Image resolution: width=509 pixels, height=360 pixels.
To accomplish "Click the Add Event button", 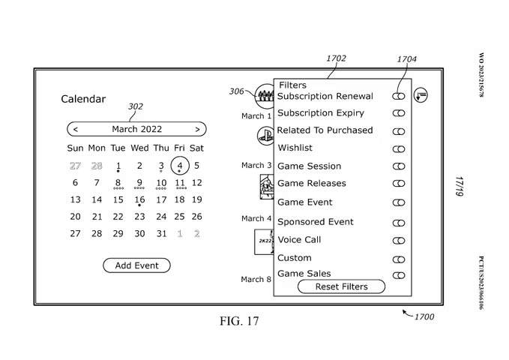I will [x=136, y=265].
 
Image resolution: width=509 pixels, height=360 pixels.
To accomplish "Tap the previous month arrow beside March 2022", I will [x=75, y=129].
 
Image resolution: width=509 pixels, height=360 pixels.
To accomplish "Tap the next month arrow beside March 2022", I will [x=197, y=129].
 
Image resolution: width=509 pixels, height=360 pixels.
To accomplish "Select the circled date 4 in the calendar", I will [x=179, y=165].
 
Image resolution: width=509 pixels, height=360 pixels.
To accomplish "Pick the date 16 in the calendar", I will [x=139, y=199].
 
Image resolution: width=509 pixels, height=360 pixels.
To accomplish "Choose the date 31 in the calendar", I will [x=161, y=233].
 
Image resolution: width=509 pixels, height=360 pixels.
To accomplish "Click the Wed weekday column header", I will [x=139, y=148].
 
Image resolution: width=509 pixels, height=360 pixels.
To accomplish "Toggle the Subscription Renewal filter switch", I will [x=398, y=96].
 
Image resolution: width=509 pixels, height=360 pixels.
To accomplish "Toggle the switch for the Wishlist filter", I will [x=398, y=148].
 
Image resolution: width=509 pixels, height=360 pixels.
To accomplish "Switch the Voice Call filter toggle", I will [x=398, y=241].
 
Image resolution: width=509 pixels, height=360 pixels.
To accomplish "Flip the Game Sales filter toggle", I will [x=398, y=275].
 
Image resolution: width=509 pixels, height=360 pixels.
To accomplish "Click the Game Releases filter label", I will [x=312, y=183].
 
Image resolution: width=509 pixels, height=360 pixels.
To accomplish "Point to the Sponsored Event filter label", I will [x=316, y=222].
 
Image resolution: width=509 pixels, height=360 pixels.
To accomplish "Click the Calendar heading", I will [x=83, y=99].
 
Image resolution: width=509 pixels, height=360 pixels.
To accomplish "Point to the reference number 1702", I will [x=337, y=57].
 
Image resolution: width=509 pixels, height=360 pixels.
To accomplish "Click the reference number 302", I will [x=136, y=106].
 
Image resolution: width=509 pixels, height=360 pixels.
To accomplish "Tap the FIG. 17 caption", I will [x=238, y=322].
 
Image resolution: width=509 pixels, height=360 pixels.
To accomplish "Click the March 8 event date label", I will [x=256, y=280].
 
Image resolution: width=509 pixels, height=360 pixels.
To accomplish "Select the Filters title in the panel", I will [x=292, y=85].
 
